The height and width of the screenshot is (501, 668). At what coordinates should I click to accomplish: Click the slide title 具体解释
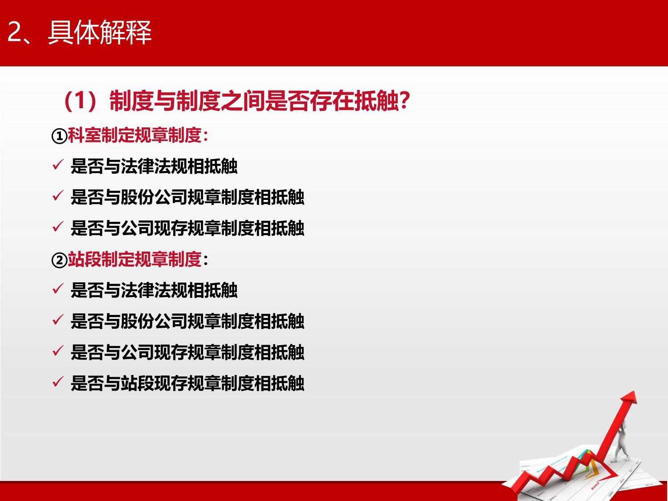tap(100, 32)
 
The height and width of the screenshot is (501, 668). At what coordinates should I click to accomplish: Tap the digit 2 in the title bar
tap(14, 32)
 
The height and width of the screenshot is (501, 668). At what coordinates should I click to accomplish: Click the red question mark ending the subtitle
tap(404, 100)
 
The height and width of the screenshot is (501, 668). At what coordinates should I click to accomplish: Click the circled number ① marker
tap(59, 136)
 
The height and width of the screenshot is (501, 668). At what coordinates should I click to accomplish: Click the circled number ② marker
tap(59, 260)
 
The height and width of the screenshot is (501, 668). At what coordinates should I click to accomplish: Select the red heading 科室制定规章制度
tap(134, 135)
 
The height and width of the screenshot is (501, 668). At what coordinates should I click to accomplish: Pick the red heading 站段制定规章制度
tap(134, 259)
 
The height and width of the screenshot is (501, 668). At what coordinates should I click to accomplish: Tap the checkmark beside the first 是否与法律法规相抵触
tap(58, 165)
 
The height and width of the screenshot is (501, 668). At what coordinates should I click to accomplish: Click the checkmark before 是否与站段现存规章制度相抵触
tap(58, 382)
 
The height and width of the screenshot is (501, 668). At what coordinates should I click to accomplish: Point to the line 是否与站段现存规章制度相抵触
tap(187, 383)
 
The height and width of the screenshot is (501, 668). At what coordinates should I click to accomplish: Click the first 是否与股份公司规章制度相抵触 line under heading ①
tap(187, 197)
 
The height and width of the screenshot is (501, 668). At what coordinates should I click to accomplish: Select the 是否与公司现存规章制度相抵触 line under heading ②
tap(187, 352)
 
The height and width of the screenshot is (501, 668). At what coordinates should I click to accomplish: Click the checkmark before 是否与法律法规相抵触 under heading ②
tap(58, 289)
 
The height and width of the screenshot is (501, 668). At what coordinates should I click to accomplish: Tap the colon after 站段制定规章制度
tap(206, 261)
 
